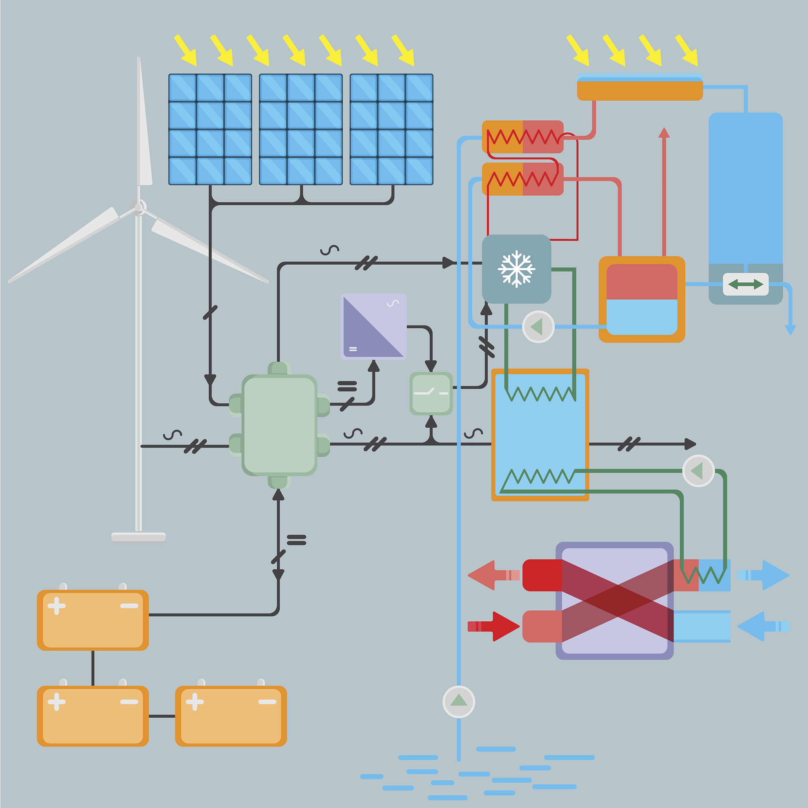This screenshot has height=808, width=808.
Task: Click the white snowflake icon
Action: click(516, 269)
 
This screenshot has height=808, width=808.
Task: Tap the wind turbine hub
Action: click(138, 207)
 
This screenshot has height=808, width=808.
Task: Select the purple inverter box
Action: click(374, 327)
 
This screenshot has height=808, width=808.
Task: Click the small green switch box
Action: click(431, 393)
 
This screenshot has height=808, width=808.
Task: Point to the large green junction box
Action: click(279, 425)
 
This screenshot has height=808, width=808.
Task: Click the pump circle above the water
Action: click(459, 702)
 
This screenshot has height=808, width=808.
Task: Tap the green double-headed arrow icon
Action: click(746, 284)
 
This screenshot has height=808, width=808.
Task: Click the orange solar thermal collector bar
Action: click(640, 90)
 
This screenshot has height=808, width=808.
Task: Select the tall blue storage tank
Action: click(746, 188)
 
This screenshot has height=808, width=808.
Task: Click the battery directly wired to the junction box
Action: click(93, 620)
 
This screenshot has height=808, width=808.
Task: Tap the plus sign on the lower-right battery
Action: click(195, 702)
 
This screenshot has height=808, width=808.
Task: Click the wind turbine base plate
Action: click(138, 537)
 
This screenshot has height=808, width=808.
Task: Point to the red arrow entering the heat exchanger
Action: click(494, 626)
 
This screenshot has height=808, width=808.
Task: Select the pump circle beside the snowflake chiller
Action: click(538, 327)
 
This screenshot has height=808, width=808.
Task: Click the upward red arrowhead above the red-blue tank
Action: click(664, 133)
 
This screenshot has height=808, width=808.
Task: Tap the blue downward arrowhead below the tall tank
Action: click(790, 330)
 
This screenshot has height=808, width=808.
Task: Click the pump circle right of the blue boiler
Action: click(698, 471)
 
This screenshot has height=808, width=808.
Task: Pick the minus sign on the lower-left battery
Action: click(129, 702)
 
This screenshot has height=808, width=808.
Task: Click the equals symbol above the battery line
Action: click(297, 541)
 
